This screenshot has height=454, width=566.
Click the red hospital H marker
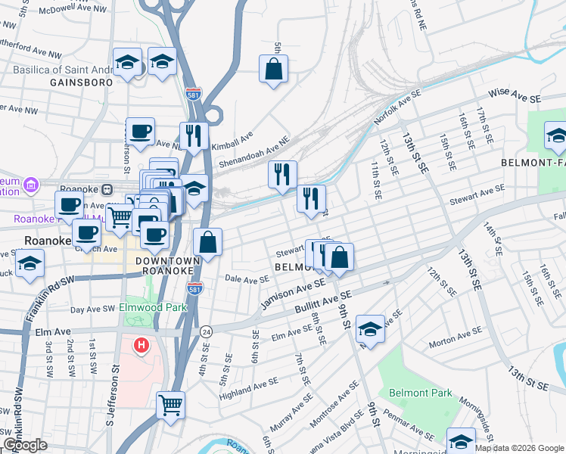141,347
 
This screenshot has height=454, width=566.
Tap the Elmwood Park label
154,308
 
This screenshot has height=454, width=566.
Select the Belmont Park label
420,393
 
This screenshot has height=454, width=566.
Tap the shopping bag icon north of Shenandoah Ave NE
273,69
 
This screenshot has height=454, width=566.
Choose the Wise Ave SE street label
515,95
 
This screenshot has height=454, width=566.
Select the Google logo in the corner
24,445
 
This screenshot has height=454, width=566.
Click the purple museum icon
31,185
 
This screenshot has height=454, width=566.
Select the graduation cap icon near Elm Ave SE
370,328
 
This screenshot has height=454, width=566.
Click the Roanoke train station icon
107,189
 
